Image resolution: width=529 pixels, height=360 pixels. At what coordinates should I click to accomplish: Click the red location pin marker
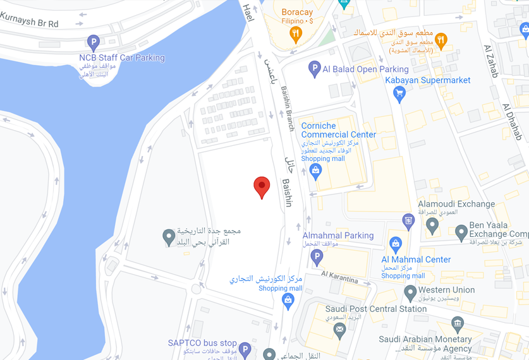262,187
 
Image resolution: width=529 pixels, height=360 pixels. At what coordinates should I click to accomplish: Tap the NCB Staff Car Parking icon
93,43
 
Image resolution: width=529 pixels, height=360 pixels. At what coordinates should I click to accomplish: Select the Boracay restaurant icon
295,35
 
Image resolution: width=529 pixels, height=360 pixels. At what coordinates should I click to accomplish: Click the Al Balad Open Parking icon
314,69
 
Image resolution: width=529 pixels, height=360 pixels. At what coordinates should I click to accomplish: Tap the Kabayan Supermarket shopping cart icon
399,94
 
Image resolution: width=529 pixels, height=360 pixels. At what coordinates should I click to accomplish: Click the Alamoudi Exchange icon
408,220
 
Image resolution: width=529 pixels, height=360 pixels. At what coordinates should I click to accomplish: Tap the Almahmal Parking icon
317,256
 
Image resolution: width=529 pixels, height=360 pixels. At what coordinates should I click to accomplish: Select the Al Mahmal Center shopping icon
396,243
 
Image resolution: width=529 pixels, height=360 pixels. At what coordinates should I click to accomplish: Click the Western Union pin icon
410,292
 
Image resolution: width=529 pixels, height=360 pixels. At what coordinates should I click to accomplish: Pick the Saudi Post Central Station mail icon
339,328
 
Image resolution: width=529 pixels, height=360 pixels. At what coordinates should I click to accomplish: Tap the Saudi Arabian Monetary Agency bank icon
458,325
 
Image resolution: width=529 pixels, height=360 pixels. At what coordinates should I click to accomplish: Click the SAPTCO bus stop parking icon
245,349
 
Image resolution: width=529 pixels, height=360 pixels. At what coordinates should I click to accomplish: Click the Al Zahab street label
490,61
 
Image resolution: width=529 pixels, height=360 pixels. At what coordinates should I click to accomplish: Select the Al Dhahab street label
513,121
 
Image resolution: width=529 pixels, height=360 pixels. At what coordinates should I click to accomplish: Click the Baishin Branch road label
288,108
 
